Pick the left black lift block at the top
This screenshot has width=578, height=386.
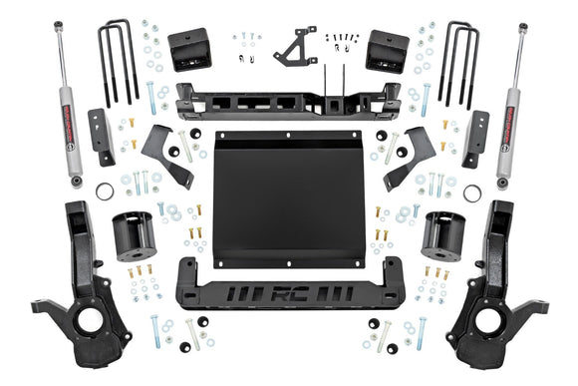(x=189, y=49)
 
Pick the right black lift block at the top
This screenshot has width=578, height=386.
(x=388, y=49)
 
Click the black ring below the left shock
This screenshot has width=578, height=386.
(x=105, y=190)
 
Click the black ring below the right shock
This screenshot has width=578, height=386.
(x=472, y=190)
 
